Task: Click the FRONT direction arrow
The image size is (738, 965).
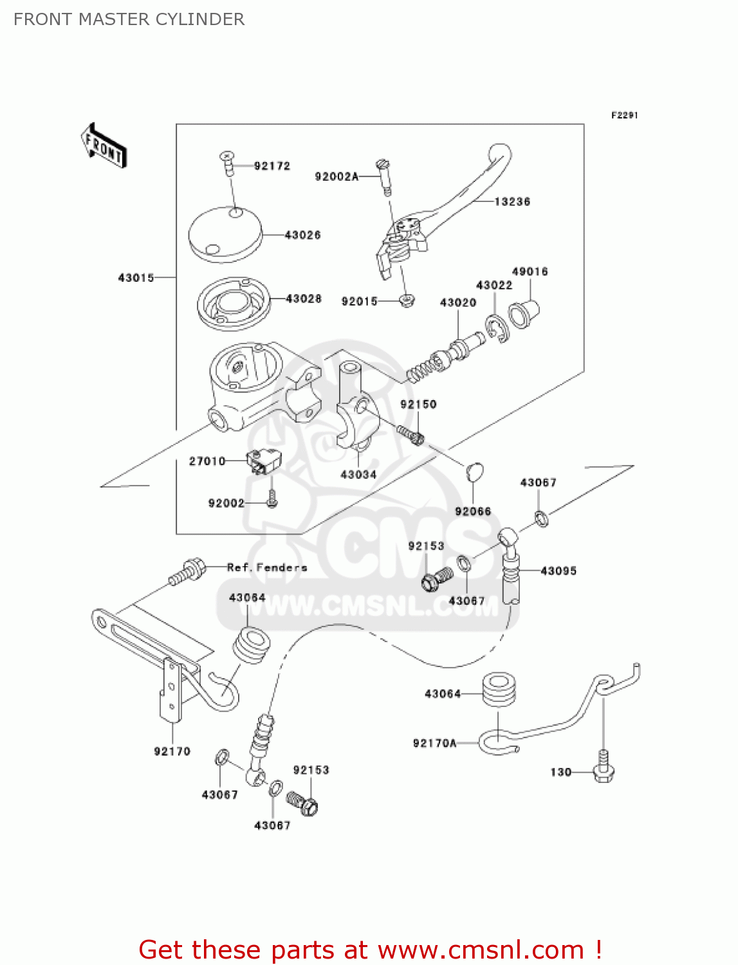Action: [104, 146]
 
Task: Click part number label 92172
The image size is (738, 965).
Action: [272, 166]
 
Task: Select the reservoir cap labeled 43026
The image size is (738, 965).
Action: [225, 235]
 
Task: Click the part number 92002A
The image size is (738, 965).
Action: [336, 176]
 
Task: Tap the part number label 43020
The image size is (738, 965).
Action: [457, 302]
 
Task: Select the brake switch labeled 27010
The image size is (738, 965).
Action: [264, 461]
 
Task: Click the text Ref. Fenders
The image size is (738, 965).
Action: [267, 567]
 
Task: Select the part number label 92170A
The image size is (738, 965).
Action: [434, 743]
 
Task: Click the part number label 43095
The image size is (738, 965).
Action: [558, 571]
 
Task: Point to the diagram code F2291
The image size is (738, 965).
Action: [624, 115]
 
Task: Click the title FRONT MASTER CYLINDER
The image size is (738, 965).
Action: [129, 19]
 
